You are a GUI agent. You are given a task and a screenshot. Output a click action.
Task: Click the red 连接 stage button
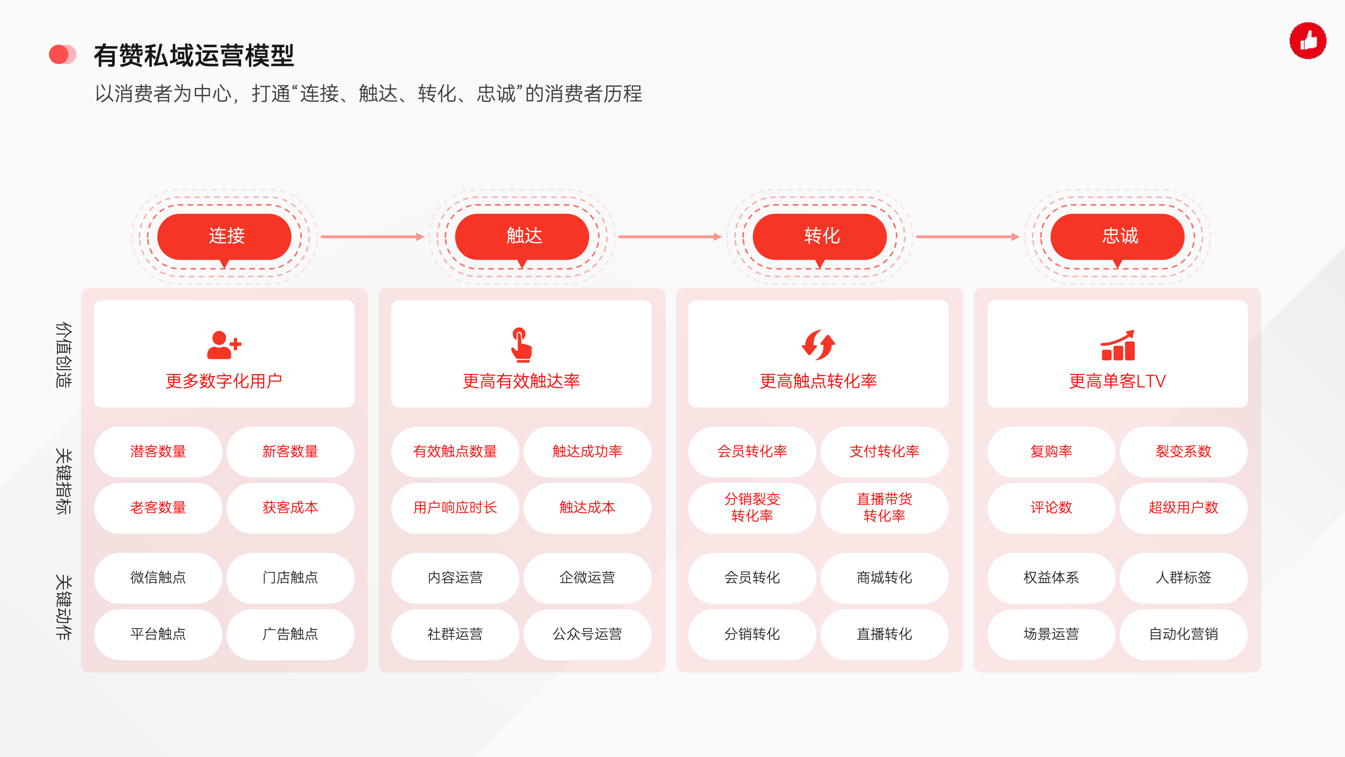(224, 236)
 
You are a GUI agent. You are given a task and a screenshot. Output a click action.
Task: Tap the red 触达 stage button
(522, 236)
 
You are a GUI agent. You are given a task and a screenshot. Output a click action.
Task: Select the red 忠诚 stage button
(1118, 236)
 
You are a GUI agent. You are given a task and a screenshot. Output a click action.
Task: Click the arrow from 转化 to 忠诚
(968, 236)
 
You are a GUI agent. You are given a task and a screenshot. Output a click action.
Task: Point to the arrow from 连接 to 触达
(372, 236)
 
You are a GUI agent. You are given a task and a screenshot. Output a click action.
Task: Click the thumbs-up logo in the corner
(1308, 40)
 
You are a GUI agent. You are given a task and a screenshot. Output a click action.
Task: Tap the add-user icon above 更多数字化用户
(224, 345)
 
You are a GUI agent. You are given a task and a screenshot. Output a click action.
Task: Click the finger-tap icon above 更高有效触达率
(521, 345)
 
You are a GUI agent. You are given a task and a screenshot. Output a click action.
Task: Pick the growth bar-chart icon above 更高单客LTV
(1118, 345)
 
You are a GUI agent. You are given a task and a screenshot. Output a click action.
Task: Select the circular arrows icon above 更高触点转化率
(818, 345)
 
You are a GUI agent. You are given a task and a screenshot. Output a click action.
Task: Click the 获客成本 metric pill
(290, 508)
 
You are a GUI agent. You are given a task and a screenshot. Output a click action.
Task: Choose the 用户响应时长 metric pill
(455, 508)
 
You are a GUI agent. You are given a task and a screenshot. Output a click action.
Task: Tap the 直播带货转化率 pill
(885, 508)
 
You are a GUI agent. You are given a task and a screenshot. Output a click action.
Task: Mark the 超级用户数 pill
(1184, 508)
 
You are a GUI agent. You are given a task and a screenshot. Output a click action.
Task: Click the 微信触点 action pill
(158, 578)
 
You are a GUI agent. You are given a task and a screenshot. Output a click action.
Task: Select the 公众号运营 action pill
(588, 634)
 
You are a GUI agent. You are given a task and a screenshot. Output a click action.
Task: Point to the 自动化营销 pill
(1184, 634)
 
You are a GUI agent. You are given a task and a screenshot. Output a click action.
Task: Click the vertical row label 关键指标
(63, 481)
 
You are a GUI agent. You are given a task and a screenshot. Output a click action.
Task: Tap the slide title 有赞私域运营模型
(194, 56)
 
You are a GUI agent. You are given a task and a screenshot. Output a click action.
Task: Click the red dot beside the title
(59, 54)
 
